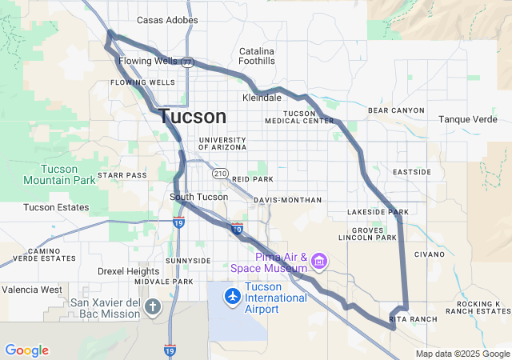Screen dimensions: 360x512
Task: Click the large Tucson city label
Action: [192, 116]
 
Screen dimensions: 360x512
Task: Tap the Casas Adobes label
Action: [168, 20]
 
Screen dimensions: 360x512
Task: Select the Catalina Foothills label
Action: [257, 55]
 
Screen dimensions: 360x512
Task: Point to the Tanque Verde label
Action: [468, 119]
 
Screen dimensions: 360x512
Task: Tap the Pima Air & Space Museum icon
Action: [319, 261]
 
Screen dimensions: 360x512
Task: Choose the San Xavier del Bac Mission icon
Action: [153, 306]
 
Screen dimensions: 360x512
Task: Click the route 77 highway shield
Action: [187, 62]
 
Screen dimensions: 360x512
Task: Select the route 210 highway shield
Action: [221, 174]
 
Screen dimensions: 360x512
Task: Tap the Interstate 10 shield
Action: [236, 230]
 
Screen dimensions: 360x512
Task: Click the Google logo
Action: [26, 350]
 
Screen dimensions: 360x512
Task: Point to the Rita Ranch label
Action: [414, 318]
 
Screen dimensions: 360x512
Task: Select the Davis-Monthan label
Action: [287, 199]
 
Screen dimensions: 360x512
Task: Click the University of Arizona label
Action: [222, 143]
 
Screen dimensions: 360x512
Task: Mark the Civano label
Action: [429, 254]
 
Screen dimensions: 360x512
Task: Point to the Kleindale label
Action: [262, 98]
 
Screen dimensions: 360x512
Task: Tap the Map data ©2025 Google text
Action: [462, 354]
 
